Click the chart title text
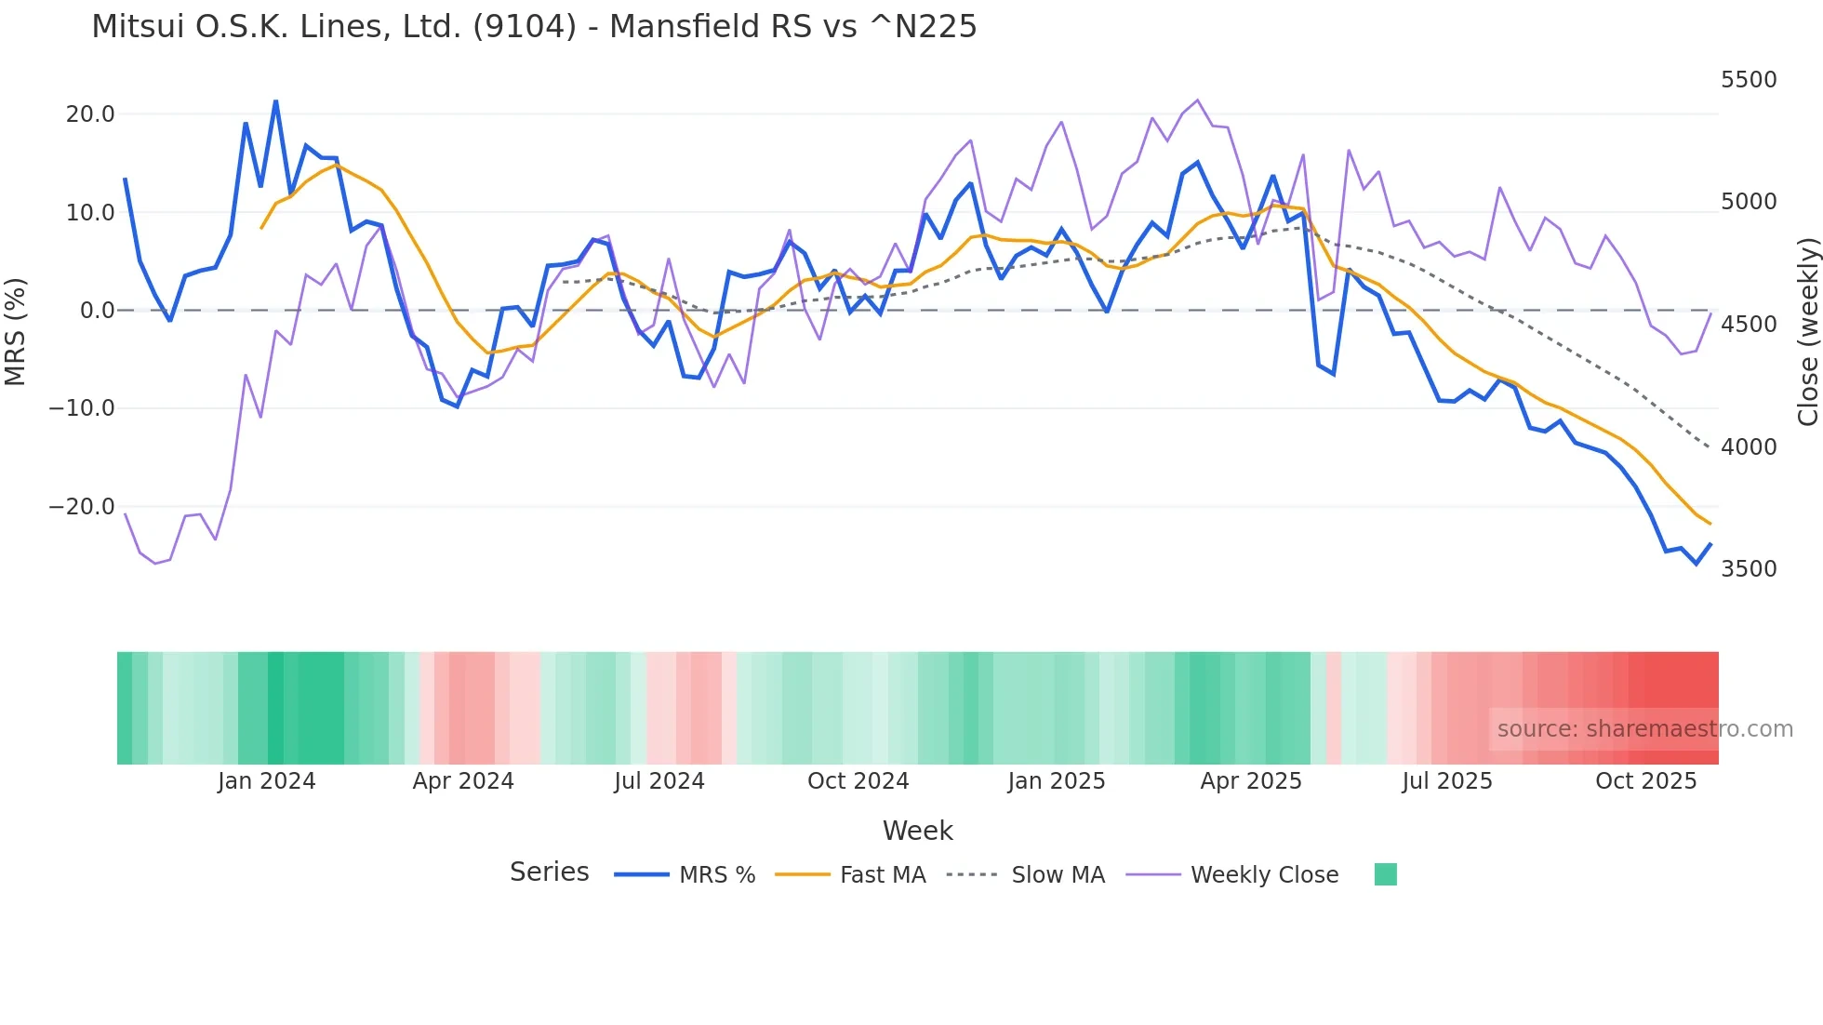coord(534,27)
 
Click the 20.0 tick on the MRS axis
coord(90,114)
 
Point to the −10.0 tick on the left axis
coord(82,408)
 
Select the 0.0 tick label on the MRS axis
coord(97,311)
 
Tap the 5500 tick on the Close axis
coord(1749,80)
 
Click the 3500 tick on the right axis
coord(1749,569)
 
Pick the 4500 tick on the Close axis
coord(1749,325)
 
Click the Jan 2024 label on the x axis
coord(267,781)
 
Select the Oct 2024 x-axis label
coord(858,781)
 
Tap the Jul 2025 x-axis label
coord(1447,781)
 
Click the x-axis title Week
coord(917,831)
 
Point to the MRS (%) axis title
coord(16,331)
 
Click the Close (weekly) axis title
coord(1807,331)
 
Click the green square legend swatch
coord(1385,874)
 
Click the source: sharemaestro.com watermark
coord(1644,729)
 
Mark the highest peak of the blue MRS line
coord(275,100)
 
